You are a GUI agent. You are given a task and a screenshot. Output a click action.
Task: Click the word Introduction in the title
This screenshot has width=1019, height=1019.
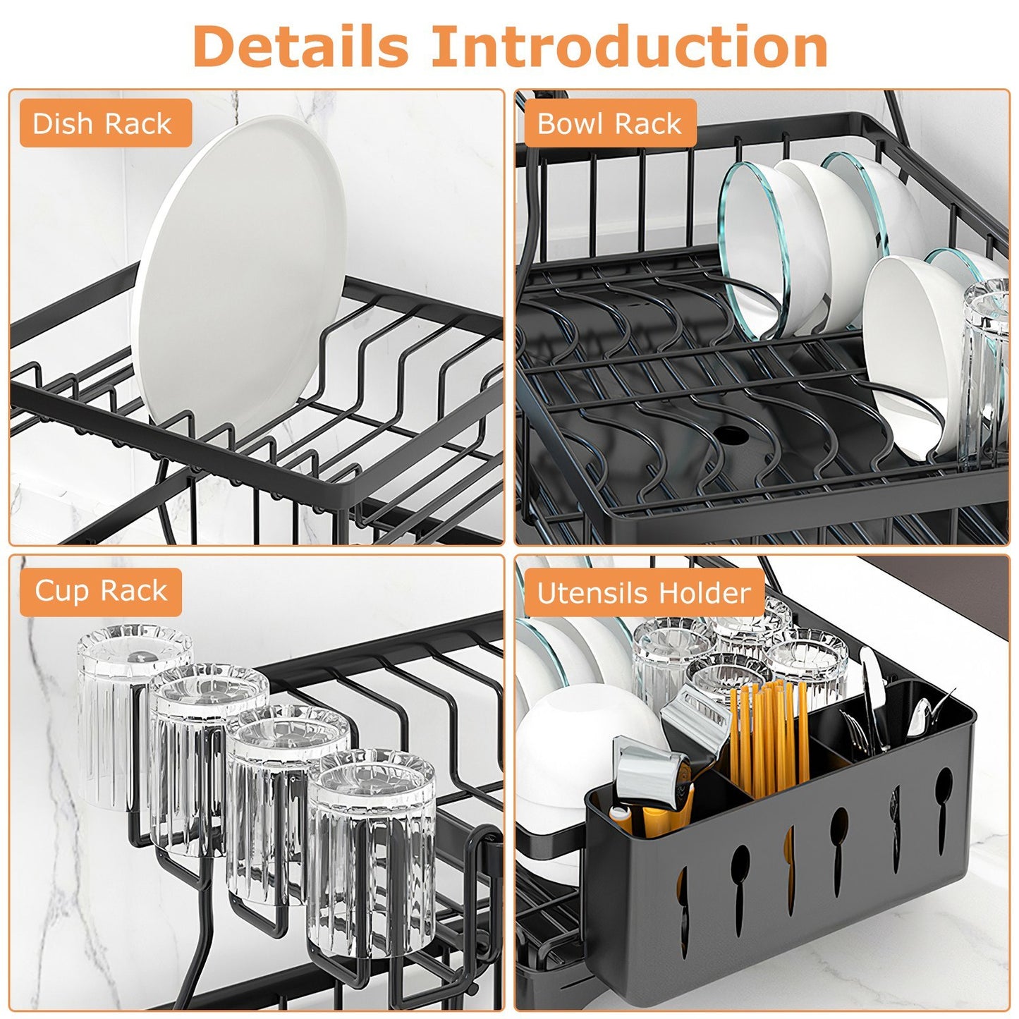[629, 47]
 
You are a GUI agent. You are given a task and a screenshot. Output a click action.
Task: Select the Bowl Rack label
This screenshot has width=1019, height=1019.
[609, 123]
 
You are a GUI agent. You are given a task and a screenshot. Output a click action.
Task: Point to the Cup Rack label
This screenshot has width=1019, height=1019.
[101, 591]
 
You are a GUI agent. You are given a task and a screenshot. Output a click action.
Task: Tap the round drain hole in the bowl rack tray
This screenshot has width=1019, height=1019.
[731, 434]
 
